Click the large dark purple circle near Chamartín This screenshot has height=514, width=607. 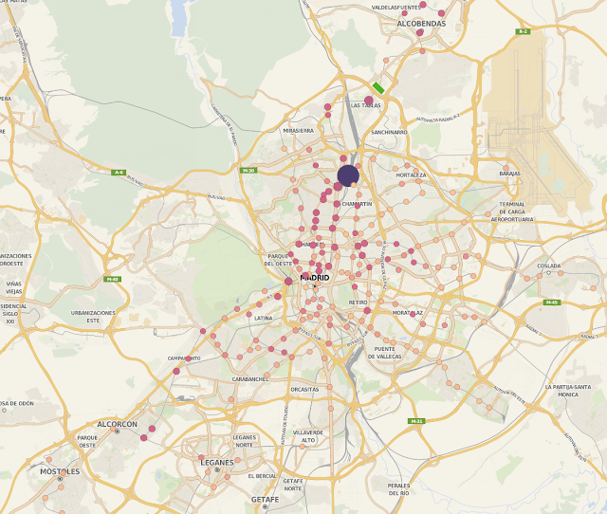pyautogui.click(x=348, y=174)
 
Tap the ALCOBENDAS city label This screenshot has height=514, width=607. pyautogui.click(x=421, y=23)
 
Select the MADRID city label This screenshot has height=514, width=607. pyautogui.click(x=314, y=277)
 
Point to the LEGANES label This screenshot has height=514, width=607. pyautogui.click(x=217, y=462)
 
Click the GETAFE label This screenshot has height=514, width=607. pyautogui.click(x=265, y=499)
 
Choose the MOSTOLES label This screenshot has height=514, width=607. pyautogui.click(x=60, y=470)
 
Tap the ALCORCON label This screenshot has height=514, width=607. pyautogui.click(x=118, y=424)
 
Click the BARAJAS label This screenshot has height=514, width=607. pyautogui.click(x=510, y=174)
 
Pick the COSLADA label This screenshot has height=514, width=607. pyautogui.click(x=548, y=266)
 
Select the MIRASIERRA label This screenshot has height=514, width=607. pyautogui.click(x=298, y=130)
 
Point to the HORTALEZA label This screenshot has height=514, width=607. pyautogui.click(x=411, y=175)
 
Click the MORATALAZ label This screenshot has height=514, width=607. pyautogui.click(x=408, y=312)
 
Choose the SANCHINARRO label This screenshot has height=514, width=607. pyautogui.click(x=390, y=132)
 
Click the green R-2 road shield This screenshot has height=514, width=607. pyautogui.click(x=522, y=31)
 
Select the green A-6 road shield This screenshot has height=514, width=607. pyautogui.click(x=119, y=172)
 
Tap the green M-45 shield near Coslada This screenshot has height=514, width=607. pyautogui.click(x=551, y=303)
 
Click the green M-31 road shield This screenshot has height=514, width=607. pyautogui.click(x=416, y=421)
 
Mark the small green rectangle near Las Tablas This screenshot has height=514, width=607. pyautogui.click(x=378, y=87)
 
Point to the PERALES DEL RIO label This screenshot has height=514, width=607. pyautogui.click(x=398, y=489)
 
